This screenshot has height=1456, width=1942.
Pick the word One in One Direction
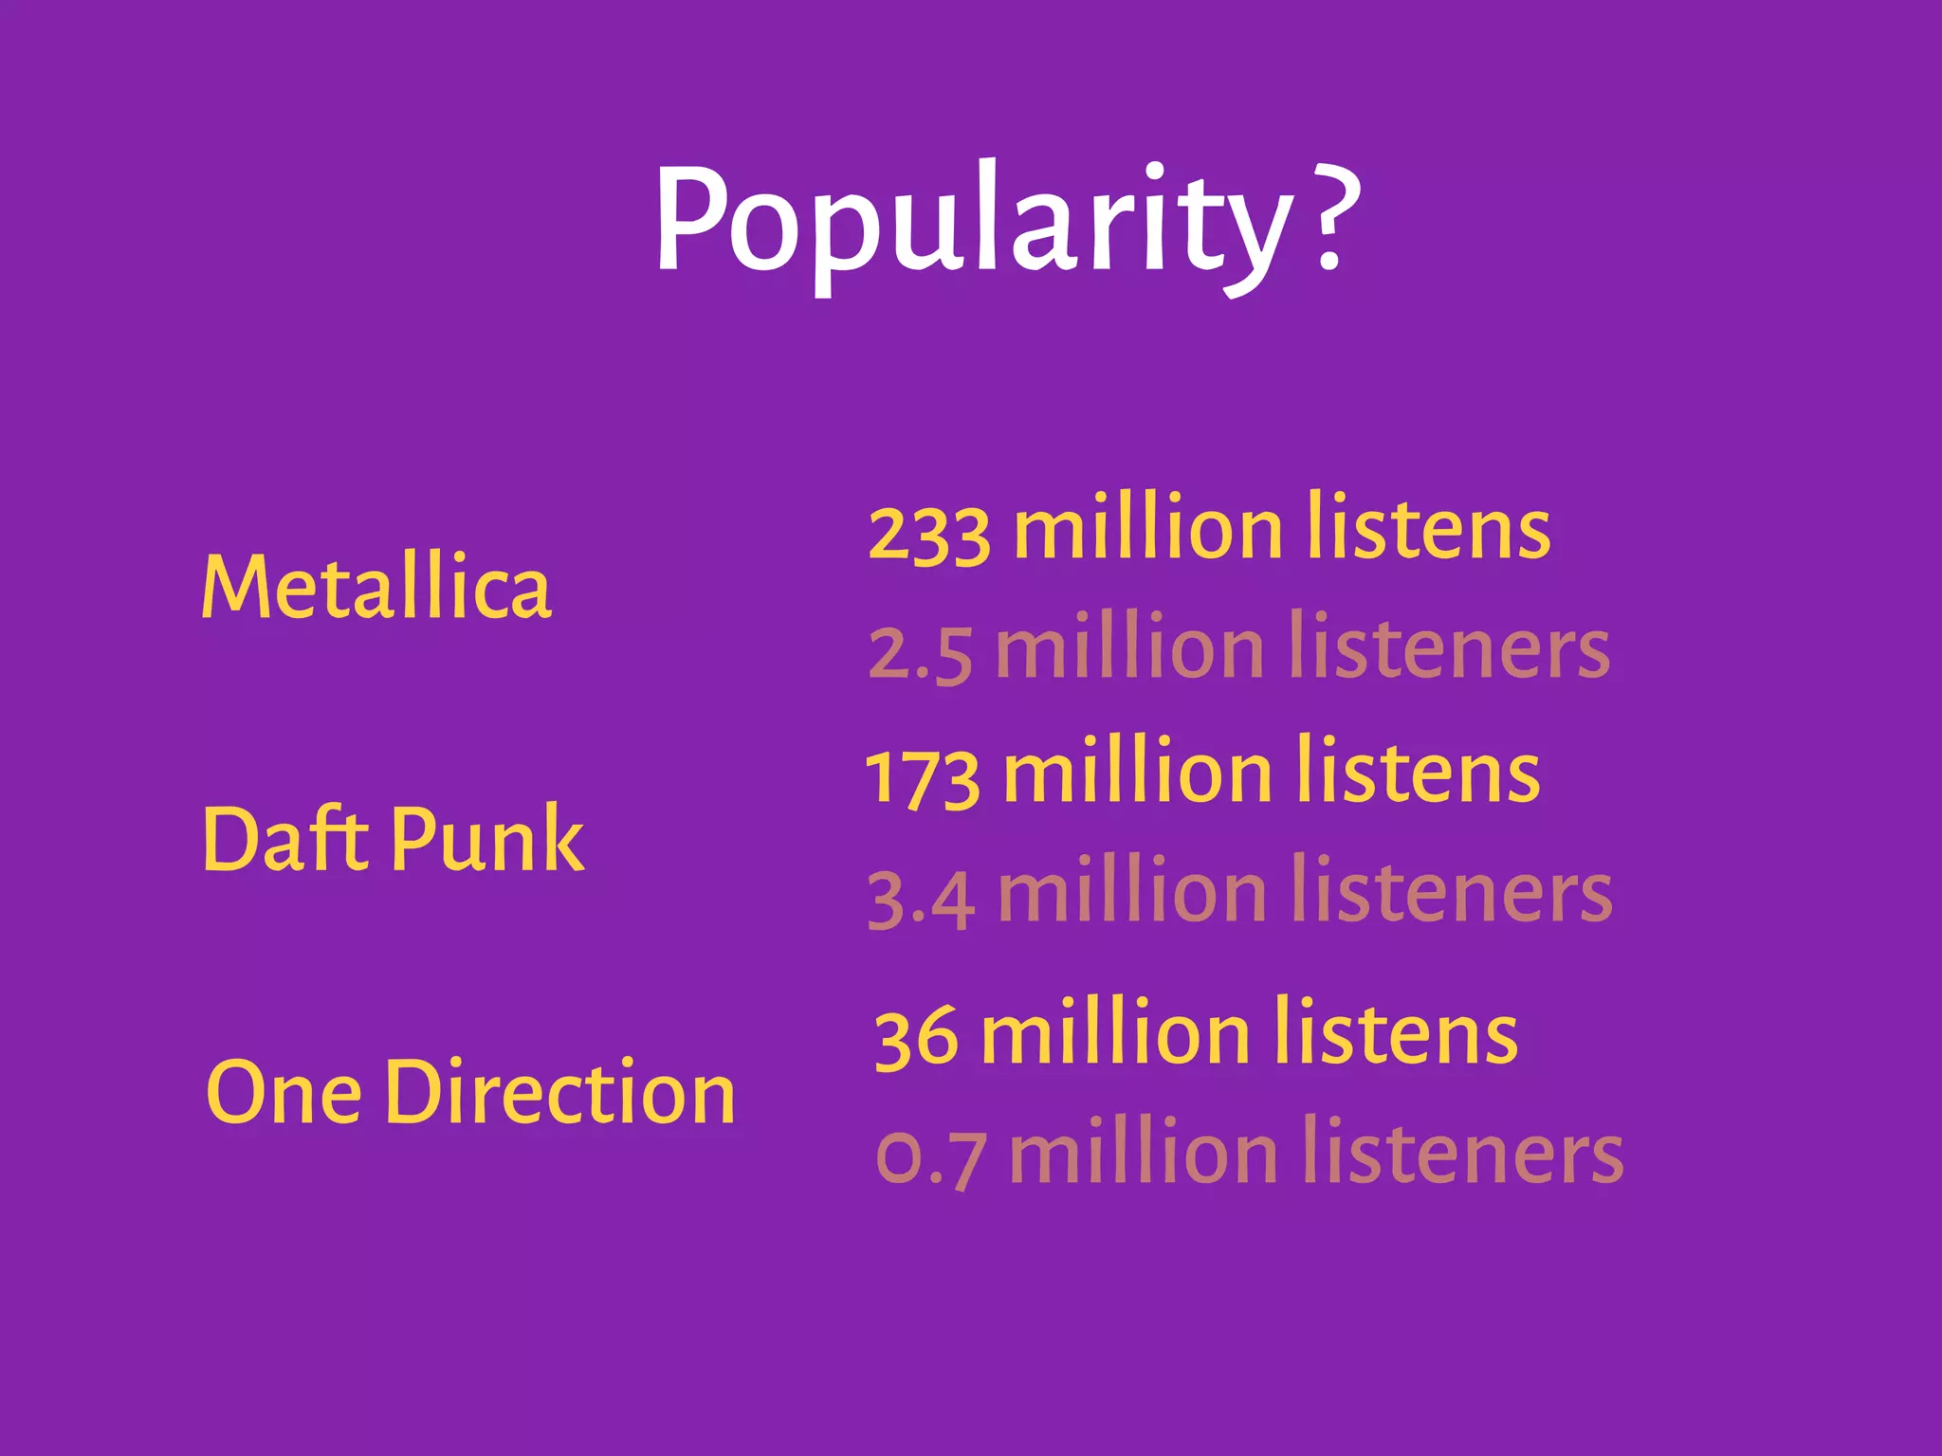coord(284,1092)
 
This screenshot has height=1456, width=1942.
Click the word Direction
coord(559,1092)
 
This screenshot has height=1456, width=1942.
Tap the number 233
coord(929,533)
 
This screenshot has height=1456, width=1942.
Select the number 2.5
coord(920,654)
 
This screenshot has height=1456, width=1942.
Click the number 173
coord(923,777)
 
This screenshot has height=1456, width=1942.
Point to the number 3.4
coord(921,899)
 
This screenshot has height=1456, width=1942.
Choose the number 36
coord(916,1037)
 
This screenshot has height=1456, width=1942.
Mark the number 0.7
coord(930,1158)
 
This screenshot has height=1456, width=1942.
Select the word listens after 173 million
coord(1418,772)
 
